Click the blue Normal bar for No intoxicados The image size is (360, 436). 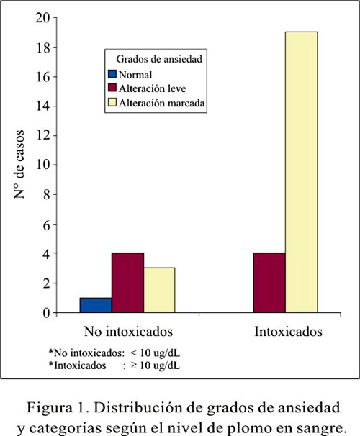(x=96, y=305)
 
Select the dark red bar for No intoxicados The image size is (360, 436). (x=127, y=283)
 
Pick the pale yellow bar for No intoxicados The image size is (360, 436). (x=159, y=290)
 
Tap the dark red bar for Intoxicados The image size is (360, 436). (x=269, y=283)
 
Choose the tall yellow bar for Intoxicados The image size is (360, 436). (x=301, y=172)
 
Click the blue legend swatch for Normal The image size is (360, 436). (x=112, y=74)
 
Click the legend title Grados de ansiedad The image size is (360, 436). (x=159, y=59)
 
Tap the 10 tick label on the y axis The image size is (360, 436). (x=43, y=165)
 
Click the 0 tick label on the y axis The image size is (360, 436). (x=47, y=313)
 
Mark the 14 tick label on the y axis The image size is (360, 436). (x=43, y=106)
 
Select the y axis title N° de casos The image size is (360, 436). (x=19, y=164)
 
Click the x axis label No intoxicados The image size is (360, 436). (x=128, y=332)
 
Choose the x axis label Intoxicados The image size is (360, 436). (x=289, y=332)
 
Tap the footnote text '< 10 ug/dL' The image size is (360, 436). (x=155, y=353)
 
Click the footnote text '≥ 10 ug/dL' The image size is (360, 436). (x=156, y=365)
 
